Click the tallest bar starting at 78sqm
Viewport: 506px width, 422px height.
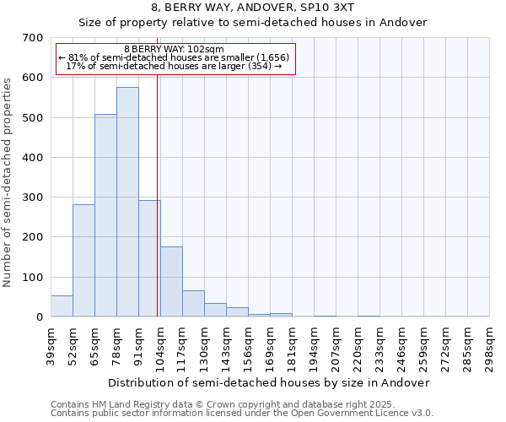point(127,203)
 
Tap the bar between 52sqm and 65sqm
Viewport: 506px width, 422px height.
point(83,261)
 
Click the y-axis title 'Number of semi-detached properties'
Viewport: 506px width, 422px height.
point(8,181)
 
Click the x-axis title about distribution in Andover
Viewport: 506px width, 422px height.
point(269,382)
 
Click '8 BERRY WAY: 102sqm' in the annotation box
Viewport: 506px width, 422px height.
point(174,49)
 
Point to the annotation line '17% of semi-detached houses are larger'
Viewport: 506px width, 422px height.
point(174,66)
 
